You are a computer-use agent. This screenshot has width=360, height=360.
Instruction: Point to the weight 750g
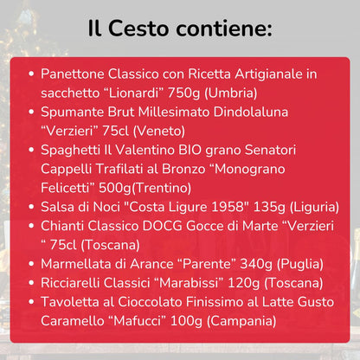(195, 93)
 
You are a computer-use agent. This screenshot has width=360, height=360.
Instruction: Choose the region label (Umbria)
(241, 93)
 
